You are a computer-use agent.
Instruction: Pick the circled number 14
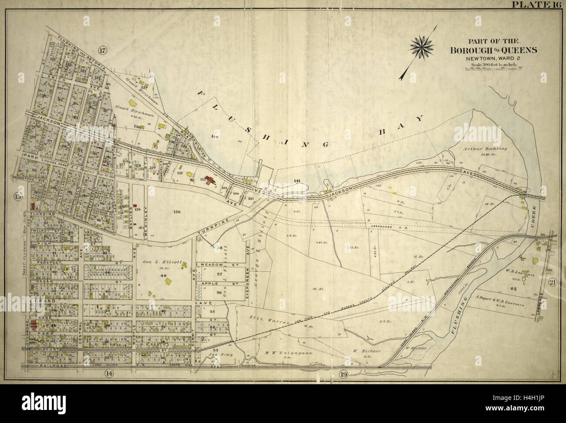(109, 373)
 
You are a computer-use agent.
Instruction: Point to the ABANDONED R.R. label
(385, 227)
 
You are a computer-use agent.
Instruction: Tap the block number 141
(297, 181)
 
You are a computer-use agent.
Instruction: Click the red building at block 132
(212, 180)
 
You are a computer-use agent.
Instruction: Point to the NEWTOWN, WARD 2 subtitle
(493, 58)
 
